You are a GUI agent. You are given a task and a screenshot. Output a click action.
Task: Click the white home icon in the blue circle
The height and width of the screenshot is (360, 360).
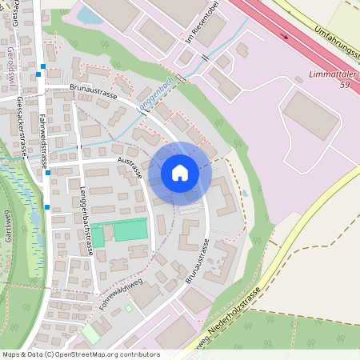(x=180, y=173)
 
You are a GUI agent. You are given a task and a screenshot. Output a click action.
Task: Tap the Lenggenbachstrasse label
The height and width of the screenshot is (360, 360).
(x=86, y=220)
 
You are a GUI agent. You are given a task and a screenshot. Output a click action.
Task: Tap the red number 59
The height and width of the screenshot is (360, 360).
(x=346, y=83)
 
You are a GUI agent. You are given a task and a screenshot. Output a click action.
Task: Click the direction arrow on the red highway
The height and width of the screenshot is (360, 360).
(x=285, y=34)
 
